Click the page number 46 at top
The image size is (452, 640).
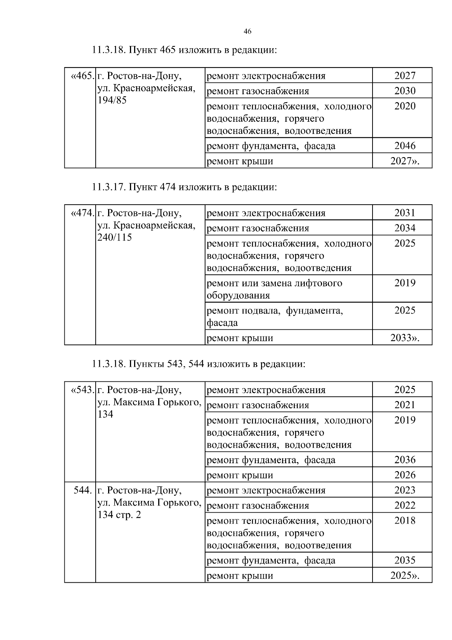tap(247, 32)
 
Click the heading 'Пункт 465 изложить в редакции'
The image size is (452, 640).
tap(184, 50)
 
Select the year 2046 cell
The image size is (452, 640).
tap(405, 146)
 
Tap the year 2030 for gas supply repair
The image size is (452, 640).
tap(405, 91)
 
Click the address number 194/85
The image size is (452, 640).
tap(112, 101)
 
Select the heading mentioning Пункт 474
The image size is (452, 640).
tap(184, 187)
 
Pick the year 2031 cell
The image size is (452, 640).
tap(405, 213)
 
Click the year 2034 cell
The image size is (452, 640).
tap(405, 228)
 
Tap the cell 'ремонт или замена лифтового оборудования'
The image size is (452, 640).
tap(275, 289)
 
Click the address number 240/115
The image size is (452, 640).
tap(115, 238)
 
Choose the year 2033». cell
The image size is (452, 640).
tap(405, 338)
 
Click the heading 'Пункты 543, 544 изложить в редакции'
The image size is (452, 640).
tap(198, 364)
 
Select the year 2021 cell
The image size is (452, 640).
tap(405, 405)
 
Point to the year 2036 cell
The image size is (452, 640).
tap(405, 460)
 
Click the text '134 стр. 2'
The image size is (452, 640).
tap(119, 515)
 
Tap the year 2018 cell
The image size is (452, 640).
tap(405, 521)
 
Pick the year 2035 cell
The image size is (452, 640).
tap(405, 560)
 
